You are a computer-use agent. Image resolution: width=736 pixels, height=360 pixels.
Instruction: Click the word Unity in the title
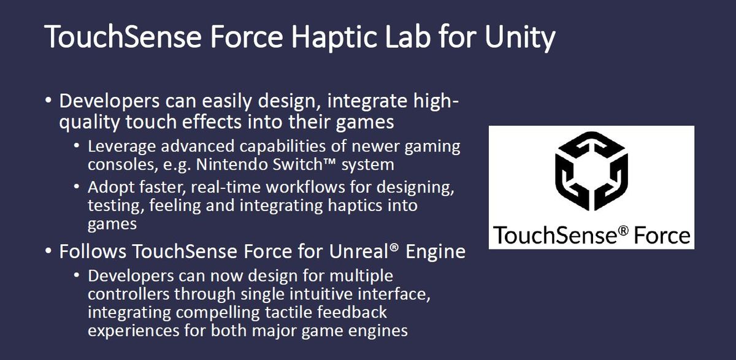coord(520,37)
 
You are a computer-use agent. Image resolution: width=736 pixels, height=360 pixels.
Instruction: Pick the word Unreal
coord(359,251)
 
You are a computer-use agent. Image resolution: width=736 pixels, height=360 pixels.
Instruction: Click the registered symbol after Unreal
coord(394,247)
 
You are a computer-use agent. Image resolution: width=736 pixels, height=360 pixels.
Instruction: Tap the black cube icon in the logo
coord(591,171)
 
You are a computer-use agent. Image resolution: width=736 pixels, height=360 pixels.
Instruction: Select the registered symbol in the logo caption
coord(623,231)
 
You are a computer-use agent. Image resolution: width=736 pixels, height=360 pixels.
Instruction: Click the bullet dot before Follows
coord(48,251)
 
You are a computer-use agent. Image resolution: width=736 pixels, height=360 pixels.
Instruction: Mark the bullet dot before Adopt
coord(77,186)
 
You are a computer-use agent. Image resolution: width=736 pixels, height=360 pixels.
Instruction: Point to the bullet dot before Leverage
coord(77,145)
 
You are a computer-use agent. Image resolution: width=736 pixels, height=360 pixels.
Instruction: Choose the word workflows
coord(305,187)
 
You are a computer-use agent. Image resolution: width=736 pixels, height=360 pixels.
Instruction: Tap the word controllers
coord(128,294)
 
